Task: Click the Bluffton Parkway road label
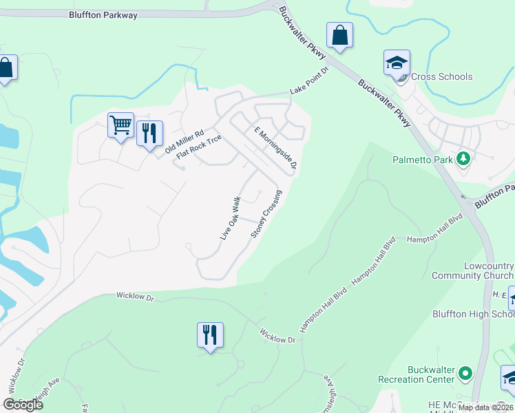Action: pyautogui.click(x=103, y=14)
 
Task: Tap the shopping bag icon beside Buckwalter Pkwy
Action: pyautogui.click(x=340, y=35)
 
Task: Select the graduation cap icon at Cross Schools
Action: pyautogui.click(x=397, y=63)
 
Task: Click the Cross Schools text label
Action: pyautogui.click(x=441, y=76)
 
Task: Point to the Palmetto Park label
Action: pyautogui.click(x=423, y=160)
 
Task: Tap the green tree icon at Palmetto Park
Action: pyautogui.click(x=464, y=159)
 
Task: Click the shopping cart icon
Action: pyautogui.click(x=120, y=126)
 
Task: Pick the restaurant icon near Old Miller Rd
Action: pyautogui.click(x=149, y=131)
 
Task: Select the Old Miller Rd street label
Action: pyautogui.click(x=185, y=142)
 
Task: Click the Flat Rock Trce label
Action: pyautogui.click(x=199, y=147)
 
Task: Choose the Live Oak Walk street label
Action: pyautogui.click(x=230, y=218)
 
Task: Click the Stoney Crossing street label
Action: pyautogui.click(x=266, y=213)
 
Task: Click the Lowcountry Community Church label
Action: pyautogui.click(x=472, y=271)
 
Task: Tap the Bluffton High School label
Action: pyautogui.click(x=473, y=314)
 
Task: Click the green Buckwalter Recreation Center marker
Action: pyautogui.click(x=466, y=374)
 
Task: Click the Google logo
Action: pyautogui.click(x=23, y=405)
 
